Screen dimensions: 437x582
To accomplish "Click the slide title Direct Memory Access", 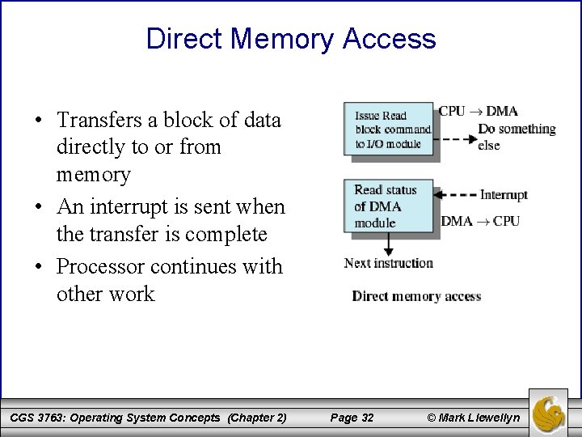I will tap(291, 38).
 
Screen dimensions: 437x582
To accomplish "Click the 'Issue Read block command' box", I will tap(388, 129).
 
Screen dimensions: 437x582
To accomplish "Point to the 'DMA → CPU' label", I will tap(480, 221).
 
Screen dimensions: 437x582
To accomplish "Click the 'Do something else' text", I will tap(516, 136).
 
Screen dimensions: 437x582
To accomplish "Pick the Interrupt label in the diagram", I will tap(503, 195).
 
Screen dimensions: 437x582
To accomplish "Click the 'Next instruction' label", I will tap(389, 263).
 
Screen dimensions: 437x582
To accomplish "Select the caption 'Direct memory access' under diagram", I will tap(416, 295).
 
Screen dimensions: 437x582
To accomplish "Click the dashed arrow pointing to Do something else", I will tap(454, 138).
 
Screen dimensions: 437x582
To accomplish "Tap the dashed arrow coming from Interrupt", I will tap(456, 195).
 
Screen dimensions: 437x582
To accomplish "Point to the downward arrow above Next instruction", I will tap(389, 243).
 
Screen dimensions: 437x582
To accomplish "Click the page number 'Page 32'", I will tap(352, 418).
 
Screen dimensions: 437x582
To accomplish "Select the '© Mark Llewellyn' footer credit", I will tap(473, 418).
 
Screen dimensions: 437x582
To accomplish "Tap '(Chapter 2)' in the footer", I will tap(257, 418).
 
